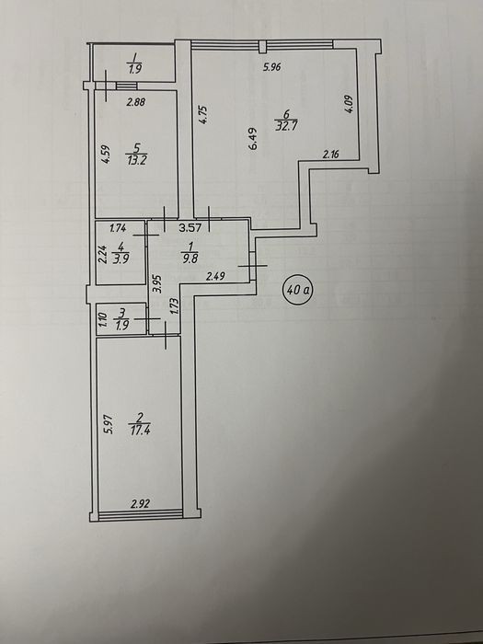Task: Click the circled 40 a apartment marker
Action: point(298,291)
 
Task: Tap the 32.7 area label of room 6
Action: point(285,125)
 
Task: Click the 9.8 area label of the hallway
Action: point(189,259)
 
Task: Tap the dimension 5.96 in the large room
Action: point(272,66)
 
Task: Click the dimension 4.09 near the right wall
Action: point(349,104)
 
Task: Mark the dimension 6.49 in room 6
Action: point(252,138)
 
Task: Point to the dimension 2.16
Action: point(331,155)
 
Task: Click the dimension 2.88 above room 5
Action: point(135,102)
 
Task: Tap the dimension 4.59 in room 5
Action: point(106,154)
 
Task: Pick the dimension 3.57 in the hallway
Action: point(190,227)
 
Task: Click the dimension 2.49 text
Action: point(215,276)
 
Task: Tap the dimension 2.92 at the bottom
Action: point(140,503)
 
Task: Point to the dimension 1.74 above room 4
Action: point(118,228)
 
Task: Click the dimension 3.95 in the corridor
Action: point(157,283)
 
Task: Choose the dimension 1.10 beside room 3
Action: point(103,320)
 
